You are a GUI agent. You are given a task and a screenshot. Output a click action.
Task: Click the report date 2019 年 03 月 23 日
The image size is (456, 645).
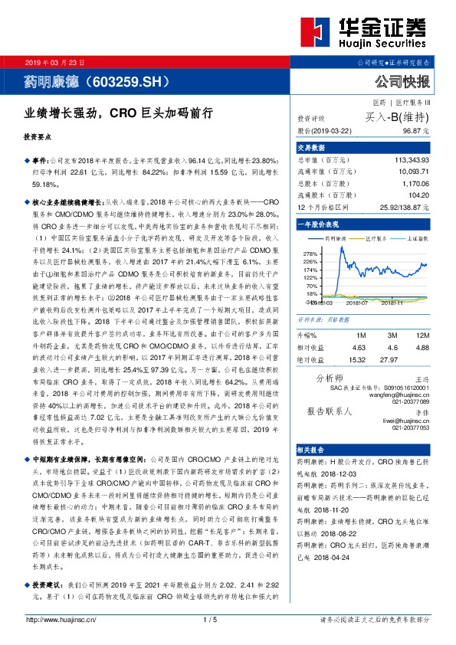[58, 61]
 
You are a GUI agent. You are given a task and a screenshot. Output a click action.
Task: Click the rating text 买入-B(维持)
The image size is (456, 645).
[397, 117]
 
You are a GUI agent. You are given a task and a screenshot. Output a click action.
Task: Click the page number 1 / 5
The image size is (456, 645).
[228, 619]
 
